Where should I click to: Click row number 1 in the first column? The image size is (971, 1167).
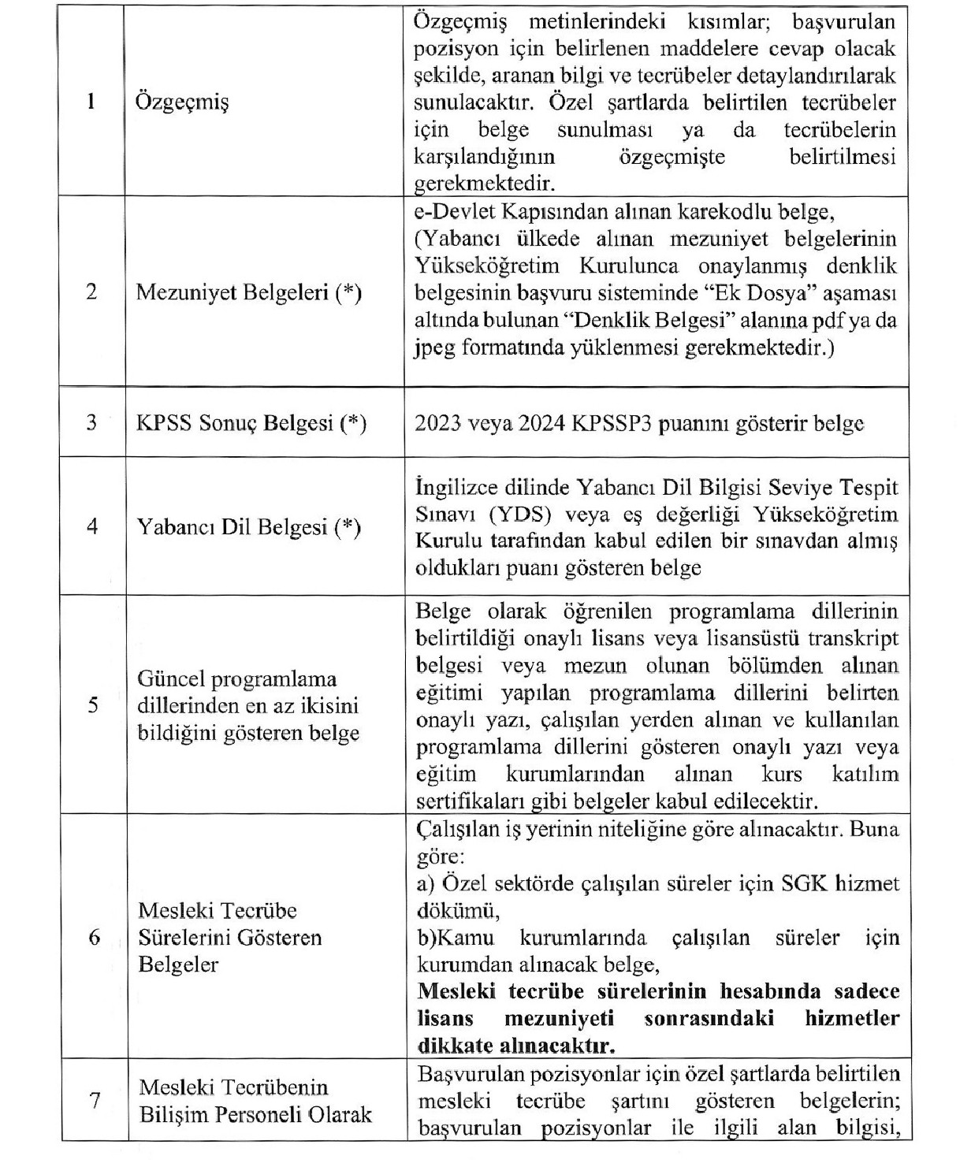click(91, 102)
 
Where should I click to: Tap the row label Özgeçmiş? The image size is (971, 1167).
click(182, 102)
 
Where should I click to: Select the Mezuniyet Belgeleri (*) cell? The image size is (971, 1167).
click(248, 292)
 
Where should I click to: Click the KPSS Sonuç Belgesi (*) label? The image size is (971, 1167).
click(251, 423)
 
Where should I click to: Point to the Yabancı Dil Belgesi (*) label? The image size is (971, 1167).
click(249, 526)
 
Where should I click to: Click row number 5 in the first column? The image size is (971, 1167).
click(93, 704)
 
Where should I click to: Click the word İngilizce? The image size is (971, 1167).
click(456, 488)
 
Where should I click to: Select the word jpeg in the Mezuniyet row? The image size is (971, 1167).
click(433, 348)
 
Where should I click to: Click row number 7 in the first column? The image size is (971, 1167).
click(95, 1100)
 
